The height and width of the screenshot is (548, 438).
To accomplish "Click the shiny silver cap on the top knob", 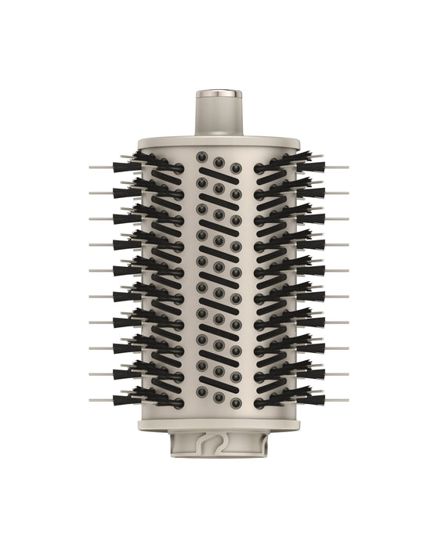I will click(219, 95).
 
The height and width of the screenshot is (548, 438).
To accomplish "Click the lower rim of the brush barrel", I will click(219, 427).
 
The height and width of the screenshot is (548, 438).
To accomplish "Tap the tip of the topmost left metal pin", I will click(90, 167).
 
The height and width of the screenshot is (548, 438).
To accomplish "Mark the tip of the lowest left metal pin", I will click(90, 400).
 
